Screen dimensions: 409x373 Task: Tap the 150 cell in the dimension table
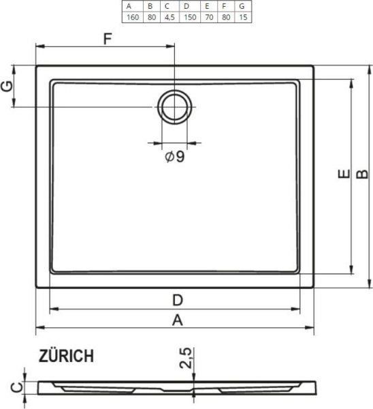[186, 17]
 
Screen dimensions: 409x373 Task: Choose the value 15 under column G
[242, 17]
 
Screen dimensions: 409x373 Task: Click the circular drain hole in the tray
[175, 106]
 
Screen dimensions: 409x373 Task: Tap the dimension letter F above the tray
[108, 38]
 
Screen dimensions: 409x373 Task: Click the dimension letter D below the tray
[177, 300]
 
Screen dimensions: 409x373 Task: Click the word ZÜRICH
[67, 356]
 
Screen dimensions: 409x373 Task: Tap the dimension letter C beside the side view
[10, 389]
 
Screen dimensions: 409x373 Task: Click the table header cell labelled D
[186, 6]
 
